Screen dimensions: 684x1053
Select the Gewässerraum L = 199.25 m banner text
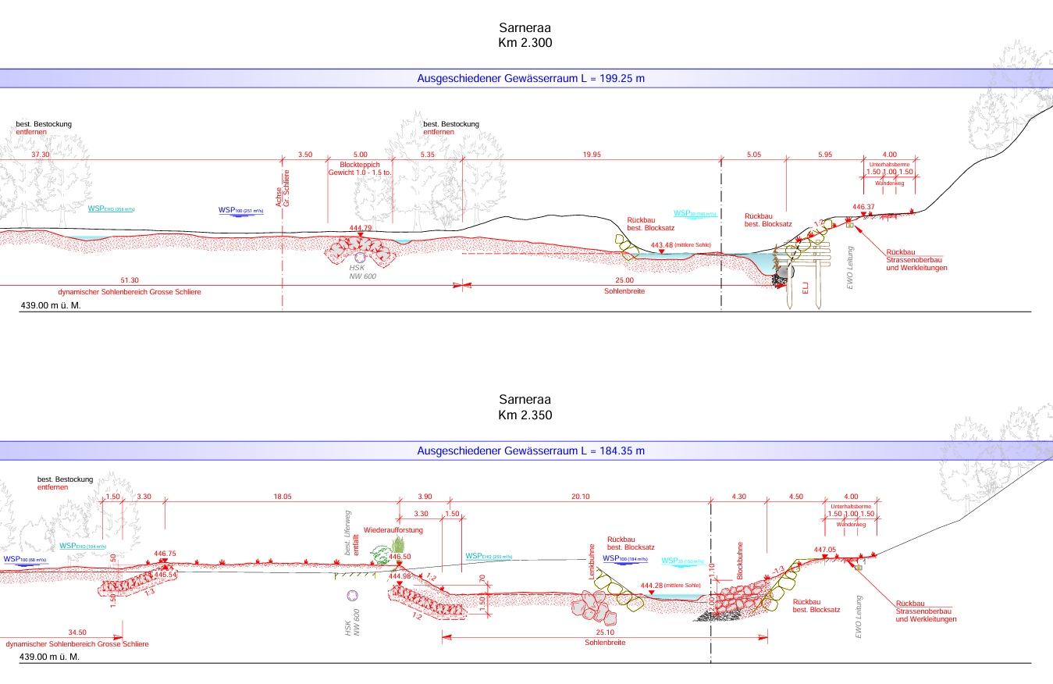[531, 79]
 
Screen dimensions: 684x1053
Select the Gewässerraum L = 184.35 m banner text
[531, 451]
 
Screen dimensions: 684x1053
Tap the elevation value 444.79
[361, 228]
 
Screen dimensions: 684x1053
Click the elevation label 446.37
[863, 207]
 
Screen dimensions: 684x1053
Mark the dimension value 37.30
[40, 155]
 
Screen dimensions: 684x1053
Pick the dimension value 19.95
[591, 155]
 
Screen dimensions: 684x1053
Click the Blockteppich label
[360, 164]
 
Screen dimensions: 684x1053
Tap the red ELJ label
[806, 290]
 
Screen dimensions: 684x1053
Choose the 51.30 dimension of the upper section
[130, 280]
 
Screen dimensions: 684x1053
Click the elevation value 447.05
[825, 550]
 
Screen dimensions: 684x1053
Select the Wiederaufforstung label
[393, 530]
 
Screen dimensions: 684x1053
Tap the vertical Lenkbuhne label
[593, 561]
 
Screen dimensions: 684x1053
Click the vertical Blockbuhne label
[740, 561]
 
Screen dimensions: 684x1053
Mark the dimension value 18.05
[283, 497]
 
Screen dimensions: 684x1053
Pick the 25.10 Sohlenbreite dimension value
[604, 632]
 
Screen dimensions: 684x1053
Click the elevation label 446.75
[165, 554]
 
